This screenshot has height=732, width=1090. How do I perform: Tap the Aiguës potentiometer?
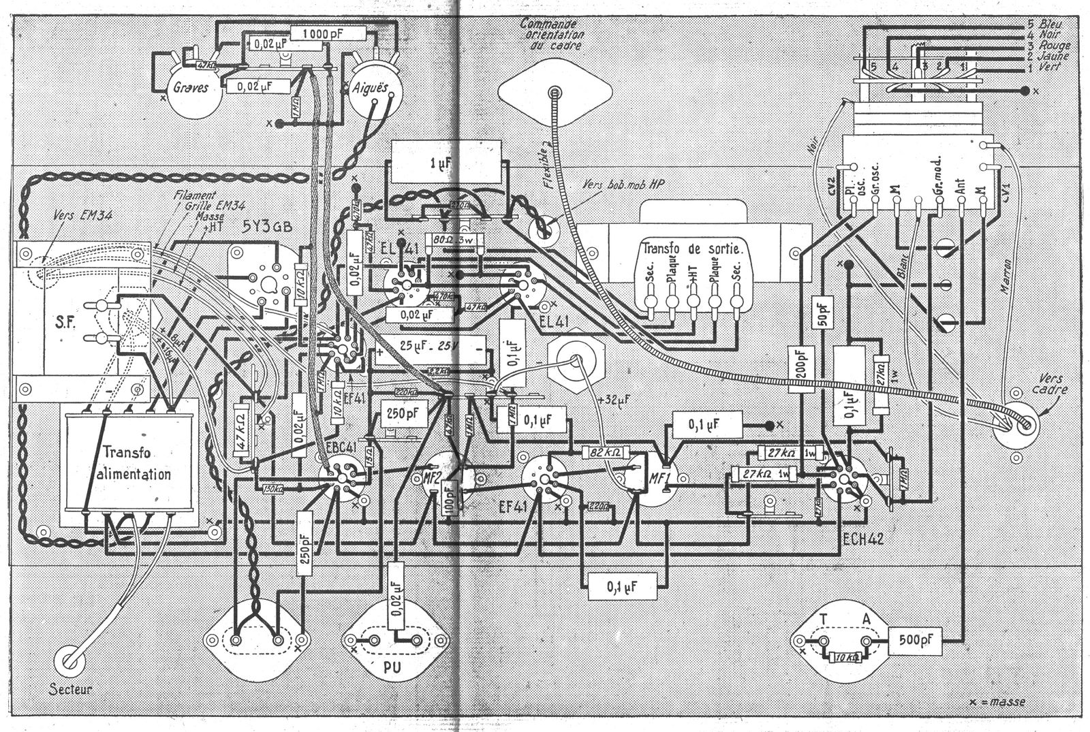pyautogui.click(x=369, y=90)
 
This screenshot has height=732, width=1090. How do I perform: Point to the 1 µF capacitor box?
pyautogui.click(x=444, y=163)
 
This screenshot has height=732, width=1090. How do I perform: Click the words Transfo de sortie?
pyautogui.click(x=692, y=249)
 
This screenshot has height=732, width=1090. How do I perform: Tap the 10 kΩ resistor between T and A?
pyautogui.click(x=845, y=658)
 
